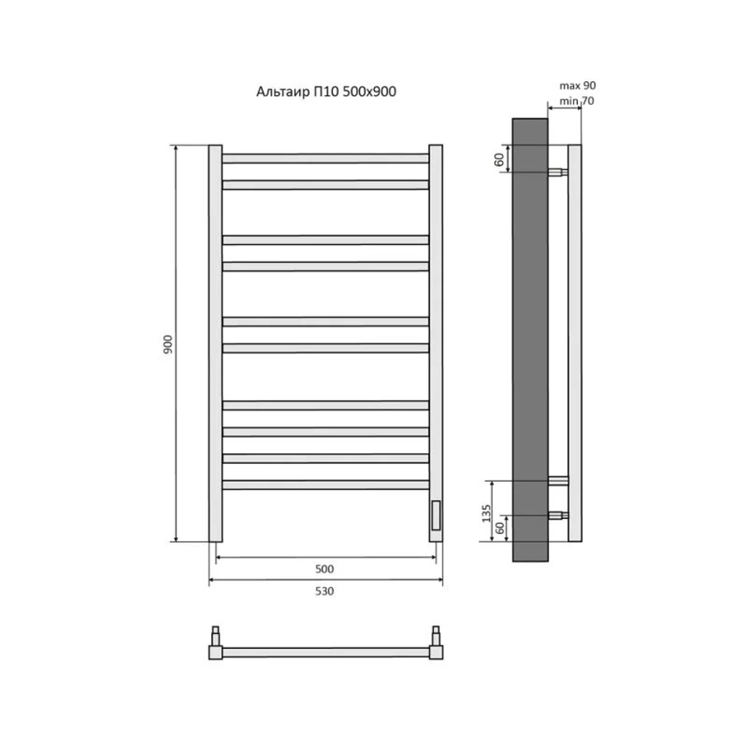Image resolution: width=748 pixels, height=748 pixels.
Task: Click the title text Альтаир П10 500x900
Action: pos(326,91)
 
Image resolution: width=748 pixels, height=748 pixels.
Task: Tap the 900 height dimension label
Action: pos(168,344)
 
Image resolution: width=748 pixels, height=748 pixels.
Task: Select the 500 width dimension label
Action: pos(324,568)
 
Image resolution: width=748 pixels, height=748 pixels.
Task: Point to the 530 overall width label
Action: pos(324,591)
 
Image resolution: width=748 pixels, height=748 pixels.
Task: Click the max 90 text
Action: pos(578,85)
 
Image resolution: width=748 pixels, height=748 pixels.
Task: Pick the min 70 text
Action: pos(576,101)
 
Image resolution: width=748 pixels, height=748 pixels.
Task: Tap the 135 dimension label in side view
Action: pos(486,513)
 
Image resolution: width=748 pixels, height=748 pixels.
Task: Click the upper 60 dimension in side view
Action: pos(499,159)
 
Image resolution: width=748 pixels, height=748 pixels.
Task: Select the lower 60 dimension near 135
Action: pos(499,528)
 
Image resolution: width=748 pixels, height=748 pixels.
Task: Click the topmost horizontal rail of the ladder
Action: pos(325,158)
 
